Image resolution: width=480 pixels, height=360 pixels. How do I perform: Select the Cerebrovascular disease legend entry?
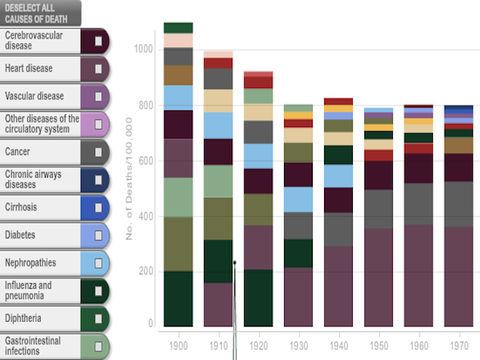[x=40, y=40]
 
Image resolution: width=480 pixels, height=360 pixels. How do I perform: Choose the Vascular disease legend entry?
[x=40, y=96]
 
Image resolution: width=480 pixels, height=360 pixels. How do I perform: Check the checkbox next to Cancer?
[x=98, y=151]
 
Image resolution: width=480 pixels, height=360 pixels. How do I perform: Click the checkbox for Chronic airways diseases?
[x=98, y=179]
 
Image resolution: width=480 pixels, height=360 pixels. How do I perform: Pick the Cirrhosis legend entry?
[x=40, y=206]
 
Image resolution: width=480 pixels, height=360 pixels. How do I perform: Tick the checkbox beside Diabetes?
[x=98, y=234]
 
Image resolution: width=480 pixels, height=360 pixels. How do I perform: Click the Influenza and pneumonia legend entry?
[x=40, y=290]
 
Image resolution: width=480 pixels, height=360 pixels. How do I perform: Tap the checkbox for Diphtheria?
[x=98, y=318]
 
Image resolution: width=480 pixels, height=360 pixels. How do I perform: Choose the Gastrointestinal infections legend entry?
[x=40, y=346]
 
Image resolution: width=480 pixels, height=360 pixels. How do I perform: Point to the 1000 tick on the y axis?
[x=142, y=50]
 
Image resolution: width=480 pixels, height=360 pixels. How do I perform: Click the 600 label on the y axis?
[x=144, y=160]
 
